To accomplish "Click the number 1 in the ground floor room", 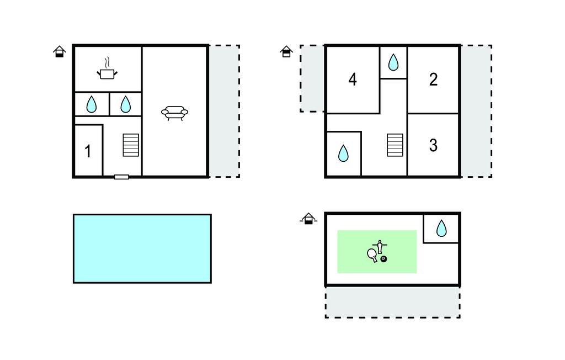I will [88, 151].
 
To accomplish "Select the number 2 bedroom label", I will [433, 80].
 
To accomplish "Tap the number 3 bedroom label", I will [433, 145].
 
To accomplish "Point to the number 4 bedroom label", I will [353, 80].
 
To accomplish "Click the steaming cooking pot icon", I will [107, 71].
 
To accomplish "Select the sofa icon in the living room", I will [174, 112].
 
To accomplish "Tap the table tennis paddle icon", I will [372, 255].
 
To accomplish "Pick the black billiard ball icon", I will [383, 258].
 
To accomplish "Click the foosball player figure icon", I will [380, 246].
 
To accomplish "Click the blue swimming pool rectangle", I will [142, 248].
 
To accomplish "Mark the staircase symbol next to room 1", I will [131, 145].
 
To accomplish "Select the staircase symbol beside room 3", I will [395, 145].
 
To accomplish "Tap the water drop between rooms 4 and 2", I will [393, 62].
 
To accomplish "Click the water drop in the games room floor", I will [441, 228].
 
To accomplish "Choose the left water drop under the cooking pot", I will [92, 104].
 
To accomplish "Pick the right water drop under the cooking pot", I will [126, 104].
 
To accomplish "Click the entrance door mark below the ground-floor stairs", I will [121, 177].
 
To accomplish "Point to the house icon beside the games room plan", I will [309, 219].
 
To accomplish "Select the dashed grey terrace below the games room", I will [392, 302].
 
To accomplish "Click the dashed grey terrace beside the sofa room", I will [224, 111].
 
